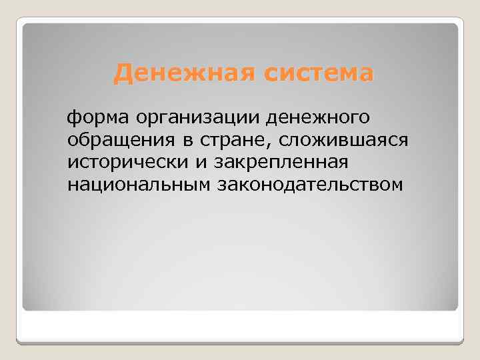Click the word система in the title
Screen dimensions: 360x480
pyautogui.click(x=318, y=73)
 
